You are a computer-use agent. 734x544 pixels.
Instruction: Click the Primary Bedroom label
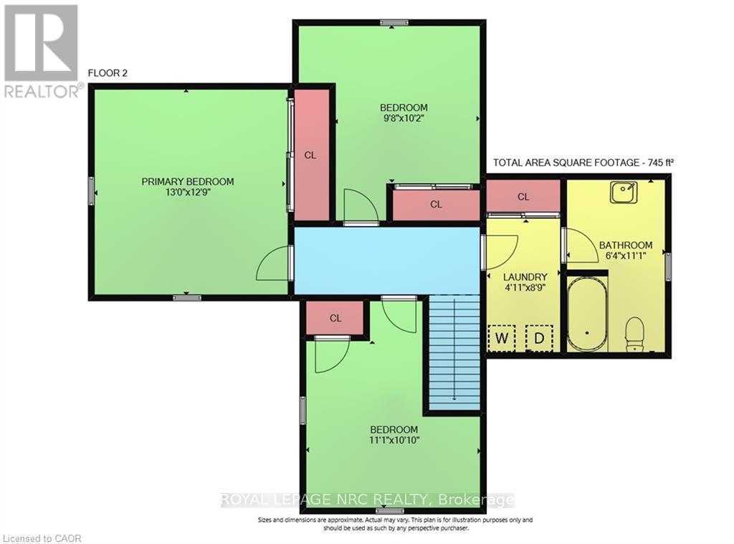(x=187, y=182)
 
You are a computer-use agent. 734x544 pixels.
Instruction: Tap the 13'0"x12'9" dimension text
(x=187, y=192)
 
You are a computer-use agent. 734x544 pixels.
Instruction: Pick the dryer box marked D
(x=538, y=337)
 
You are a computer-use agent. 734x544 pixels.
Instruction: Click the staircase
(x=454, y=353)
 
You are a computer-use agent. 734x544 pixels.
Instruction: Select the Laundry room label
(x=525, y=277)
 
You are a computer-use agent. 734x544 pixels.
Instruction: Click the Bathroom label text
(x=626, y=245)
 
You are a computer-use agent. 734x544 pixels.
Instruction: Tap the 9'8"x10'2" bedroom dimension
(x=404, y=119)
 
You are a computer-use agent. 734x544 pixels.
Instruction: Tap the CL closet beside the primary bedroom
(x=311, y=154)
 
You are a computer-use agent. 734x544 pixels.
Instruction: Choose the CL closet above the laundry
(x=523, y=197)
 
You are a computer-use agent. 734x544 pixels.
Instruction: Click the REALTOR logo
(x=42, y=50)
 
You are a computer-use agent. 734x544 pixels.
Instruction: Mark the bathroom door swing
(x=579, y=246)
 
